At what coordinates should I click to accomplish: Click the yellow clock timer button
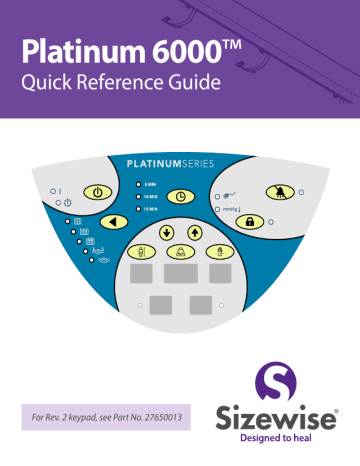coord(181,197)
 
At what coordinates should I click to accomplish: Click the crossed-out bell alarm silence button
coord(274,190)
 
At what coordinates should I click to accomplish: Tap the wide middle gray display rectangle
coord(181,272)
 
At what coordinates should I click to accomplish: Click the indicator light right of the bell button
coord(302,192)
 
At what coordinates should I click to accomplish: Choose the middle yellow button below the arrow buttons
coord(181,250)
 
